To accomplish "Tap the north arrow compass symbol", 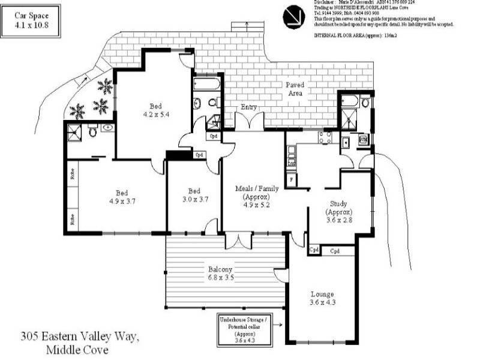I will (293, 16).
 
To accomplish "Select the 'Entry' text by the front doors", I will (249, 107).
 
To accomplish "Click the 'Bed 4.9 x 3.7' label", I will (122, 197).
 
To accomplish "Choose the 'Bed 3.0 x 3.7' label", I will (194, 196).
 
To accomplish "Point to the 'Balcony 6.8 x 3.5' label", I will (220, 273).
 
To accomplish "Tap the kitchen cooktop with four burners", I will (325, 138).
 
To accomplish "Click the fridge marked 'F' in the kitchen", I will (292, 178).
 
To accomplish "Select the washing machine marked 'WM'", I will (363, 139).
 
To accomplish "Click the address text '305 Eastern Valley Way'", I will (79, 338).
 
